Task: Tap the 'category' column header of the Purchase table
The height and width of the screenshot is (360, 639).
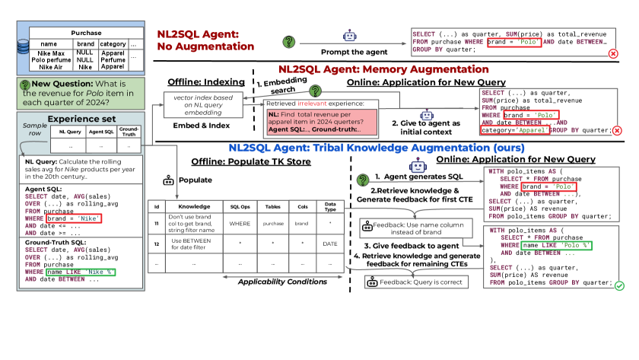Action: pyautogui.click(x=113, y=45)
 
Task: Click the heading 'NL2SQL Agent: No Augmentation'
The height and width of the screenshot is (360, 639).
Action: pyautogui.click(x=206, y=42)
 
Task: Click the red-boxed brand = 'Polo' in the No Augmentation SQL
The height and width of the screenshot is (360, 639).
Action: pyautogui.click(x=519, y=42)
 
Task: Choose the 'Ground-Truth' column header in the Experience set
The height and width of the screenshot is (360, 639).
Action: pyautogui.click(x=130, y=132)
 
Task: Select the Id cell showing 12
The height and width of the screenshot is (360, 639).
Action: pyautogui.click(x=156, y=244)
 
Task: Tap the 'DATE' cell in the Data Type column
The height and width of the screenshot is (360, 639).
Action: pyautogui.click(x=331, y=244)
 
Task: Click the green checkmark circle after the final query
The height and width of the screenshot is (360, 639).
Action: pyautogui.click(x=619, y=285)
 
